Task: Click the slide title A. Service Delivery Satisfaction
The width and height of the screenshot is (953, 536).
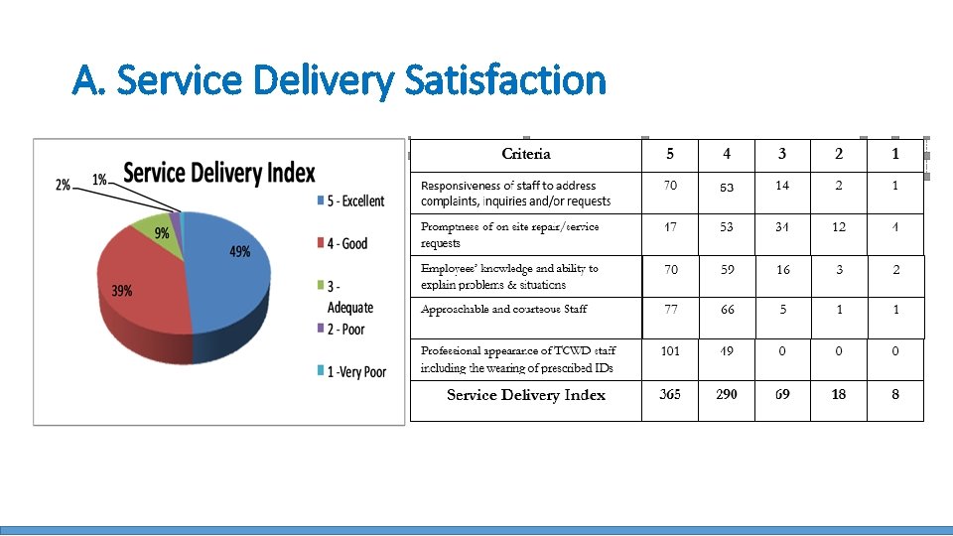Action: pyautogui.click(x=339, y=79)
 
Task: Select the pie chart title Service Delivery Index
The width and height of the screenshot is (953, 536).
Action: pyautogui.click(x=218, y=173)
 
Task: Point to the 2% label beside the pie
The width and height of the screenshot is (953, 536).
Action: pyautogui.click(x=63, y=185)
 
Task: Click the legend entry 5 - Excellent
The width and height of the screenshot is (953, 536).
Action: pyautogui.click(x=349, y=201)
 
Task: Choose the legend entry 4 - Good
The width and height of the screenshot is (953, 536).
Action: pyautogui.click(x=341, y=243)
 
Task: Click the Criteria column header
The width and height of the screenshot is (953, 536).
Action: pyautogui.click(x=526, y=154)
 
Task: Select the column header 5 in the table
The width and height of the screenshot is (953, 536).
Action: pyautogui.click(x=670, y=154)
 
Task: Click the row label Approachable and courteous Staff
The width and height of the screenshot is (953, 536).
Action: pyautogui.click(x=503, y=310)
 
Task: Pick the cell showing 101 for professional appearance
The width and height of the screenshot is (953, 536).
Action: pyautogui.click(x=670, y=350)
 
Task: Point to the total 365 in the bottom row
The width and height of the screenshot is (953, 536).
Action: pyautogui.click(x=670, y=395)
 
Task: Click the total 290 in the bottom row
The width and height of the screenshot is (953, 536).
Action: pyautogui.click(x=727, y=395)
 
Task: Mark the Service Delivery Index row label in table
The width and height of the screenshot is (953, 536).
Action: pyautogui.click(x=526, y=395)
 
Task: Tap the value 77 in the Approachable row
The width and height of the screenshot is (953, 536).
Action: pyautogui.click(x=671, y=310)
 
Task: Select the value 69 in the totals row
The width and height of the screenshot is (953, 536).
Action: pyautogui.click(x=782, y=395)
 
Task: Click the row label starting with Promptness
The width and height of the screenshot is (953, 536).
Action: pyautogui.click(x=509, y=234)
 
